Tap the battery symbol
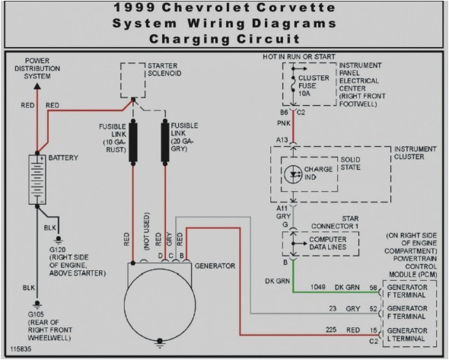[x=36, y=180]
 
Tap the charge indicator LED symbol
[x=295, y=174]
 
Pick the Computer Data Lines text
[x=328, y=243]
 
